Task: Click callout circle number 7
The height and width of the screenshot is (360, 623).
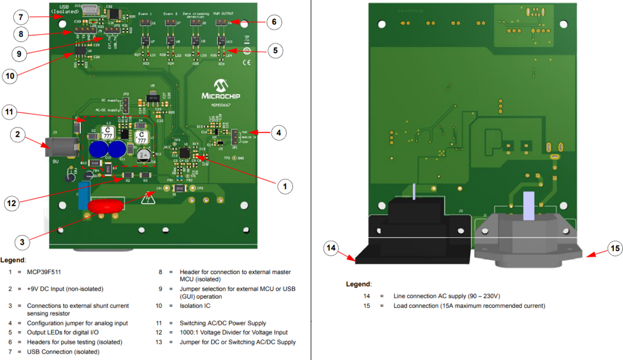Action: coord(21,16)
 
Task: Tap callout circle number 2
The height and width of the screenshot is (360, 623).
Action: coord(19,135)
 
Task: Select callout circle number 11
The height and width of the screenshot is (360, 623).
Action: coord(9,111)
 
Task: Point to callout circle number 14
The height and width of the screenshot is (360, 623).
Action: coord(331,249)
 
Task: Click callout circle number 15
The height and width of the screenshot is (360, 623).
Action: coord(616,249)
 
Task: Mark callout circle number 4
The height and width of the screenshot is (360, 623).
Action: coord(279,132)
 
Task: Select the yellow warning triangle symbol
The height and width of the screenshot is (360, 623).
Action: coord(149,200)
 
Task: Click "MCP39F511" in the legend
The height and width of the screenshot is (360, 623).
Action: coord(44,271)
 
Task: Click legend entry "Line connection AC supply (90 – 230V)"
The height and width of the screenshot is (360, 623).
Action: coord(447,296)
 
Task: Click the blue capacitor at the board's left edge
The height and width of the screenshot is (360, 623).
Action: coord(84,196)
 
